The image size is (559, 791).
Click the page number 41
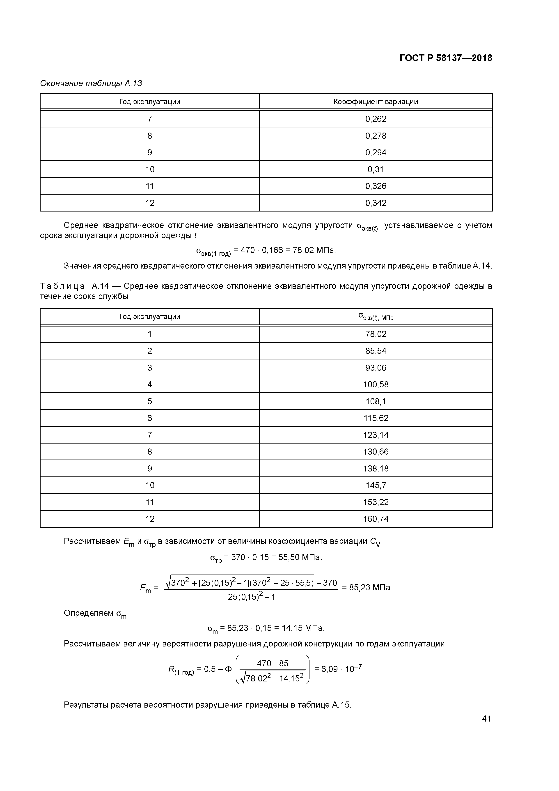click(486, 718)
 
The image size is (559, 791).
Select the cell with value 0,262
click(376, 119)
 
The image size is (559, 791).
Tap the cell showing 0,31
click(376, 169)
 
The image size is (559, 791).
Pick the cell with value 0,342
click(376, 203)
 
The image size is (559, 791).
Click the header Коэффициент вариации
click(376, 102)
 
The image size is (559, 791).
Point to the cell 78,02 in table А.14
click(376, 334)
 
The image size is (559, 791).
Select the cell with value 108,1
click(376, 401)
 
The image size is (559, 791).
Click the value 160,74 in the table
click(376, 519)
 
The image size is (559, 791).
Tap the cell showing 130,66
click(376, 452)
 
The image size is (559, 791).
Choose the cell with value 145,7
click(376, 485)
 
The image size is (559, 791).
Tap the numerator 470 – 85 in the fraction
click(273, 663)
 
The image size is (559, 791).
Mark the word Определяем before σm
click(89, 613)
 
